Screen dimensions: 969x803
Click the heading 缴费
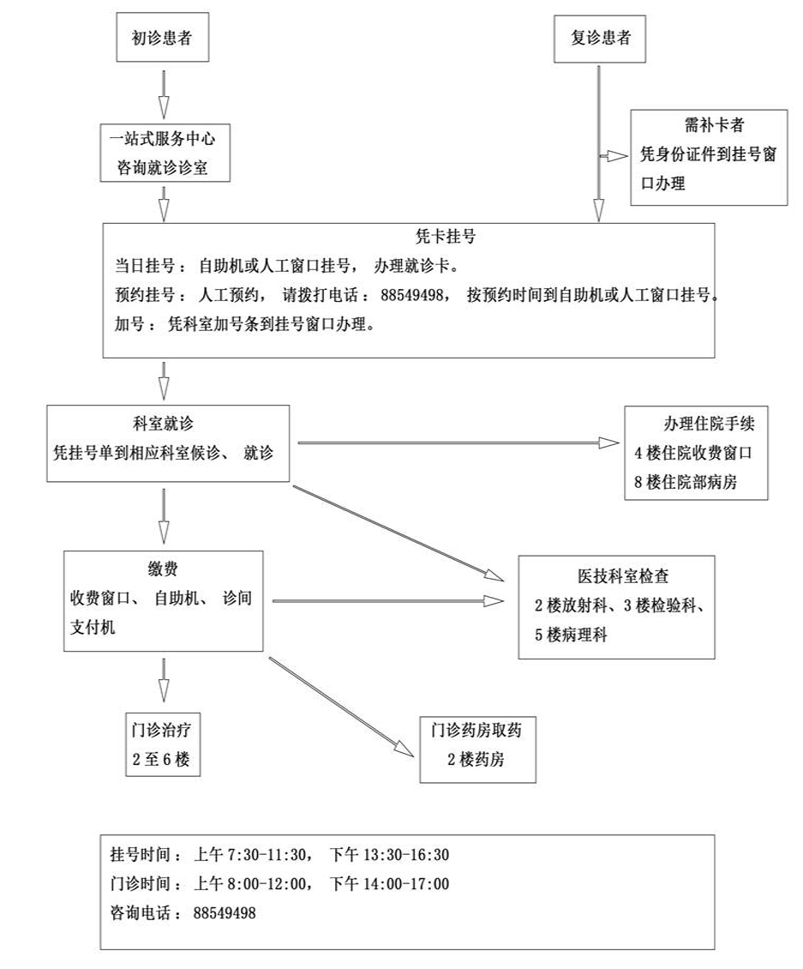(x=163, y=567)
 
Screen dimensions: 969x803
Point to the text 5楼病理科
(x=570, y=635)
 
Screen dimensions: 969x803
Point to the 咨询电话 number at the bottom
(x=225, y=913)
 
